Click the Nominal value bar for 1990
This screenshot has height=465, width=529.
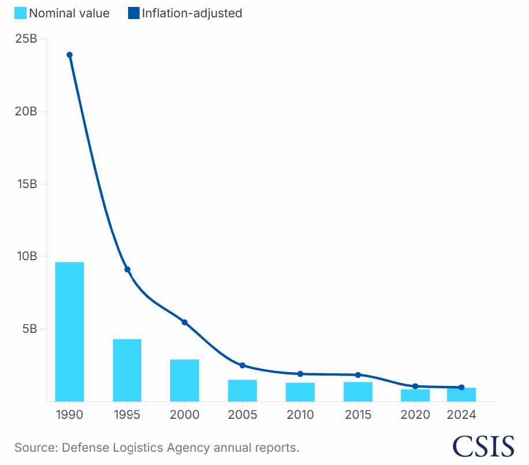(x=69, y=332)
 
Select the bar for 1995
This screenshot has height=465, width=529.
(x=127, y=370)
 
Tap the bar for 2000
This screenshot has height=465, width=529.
(x=185, y=380)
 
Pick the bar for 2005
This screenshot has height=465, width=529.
(x=242, y=391)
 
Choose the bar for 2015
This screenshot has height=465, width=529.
(x=358, y=392)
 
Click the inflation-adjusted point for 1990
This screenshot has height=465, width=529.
(x=69, y=55)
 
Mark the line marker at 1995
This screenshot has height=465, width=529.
(x=127, y=269)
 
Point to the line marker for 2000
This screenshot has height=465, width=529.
(x=185, y=322)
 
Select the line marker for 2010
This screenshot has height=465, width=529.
(x=300, y=374)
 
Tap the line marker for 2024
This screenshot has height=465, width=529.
(x=462, y=388)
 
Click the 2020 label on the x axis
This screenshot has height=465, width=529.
(x=415, y=415)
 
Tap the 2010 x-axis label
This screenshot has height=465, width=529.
(x=300, y=415)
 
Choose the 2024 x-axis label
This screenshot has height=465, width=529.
(x=462, y=415)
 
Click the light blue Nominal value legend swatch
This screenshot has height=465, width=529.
(x=20, y=13)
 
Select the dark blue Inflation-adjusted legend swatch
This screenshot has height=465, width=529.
(x=134, y=13)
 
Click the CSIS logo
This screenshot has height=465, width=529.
(x=483, y=446)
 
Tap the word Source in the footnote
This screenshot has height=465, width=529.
(x=32, y=448)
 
